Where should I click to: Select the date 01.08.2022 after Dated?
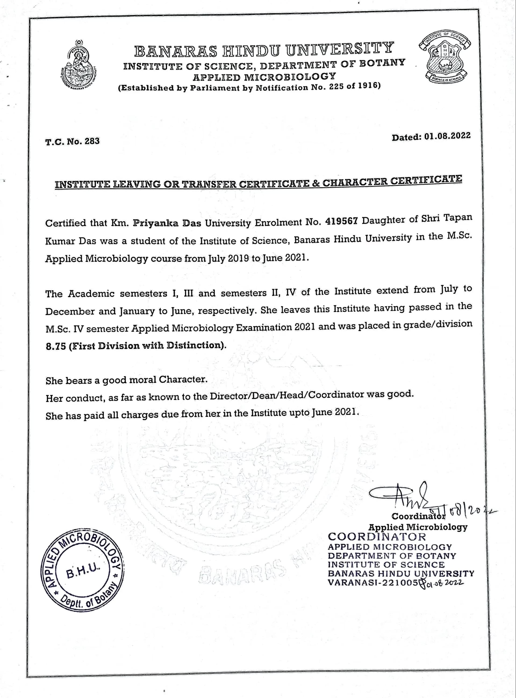pos(447,136)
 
